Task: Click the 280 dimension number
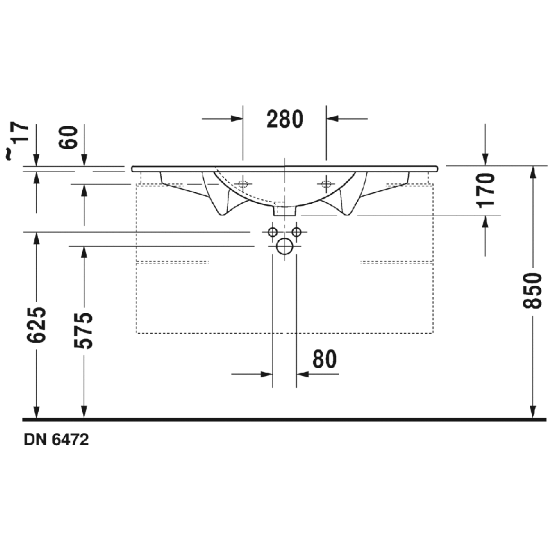(285, 119)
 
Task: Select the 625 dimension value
(38, 325)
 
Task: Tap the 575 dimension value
(84, 330)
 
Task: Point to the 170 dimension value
(486, 189)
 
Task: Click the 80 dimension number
(325, 359)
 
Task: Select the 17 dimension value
(21, 133)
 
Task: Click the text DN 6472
(56, 439)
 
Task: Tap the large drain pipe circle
(284, 246)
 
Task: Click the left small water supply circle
(272, 232)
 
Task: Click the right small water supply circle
(296, 232)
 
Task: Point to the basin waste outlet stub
(284, 210)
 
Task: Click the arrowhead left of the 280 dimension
(236, 119)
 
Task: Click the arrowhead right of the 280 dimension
(332, 119)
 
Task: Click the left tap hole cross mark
(243, 183)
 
